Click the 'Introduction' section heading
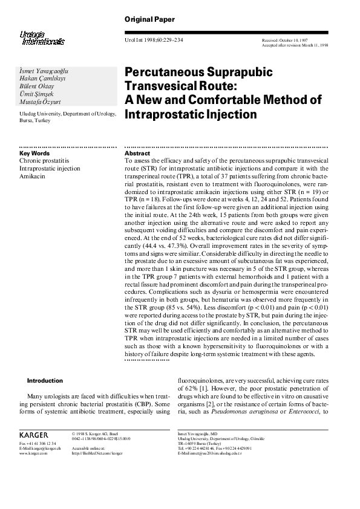point(45,381)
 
